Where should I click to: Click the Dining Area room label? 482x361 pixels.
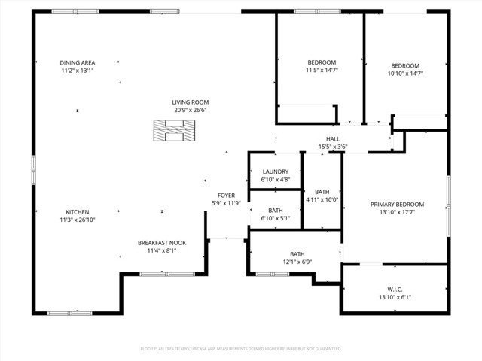78,62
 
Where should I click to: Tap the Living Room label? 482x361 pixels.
191,102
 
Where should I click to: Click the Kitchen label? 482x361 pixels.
78,211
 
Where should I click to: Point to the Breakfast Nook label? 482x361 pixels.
161,242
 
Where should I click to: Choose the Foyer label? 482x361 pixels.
227,195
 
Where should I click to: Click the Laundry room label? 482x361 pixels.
276,171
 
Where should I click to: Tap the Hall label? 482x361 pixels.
333,138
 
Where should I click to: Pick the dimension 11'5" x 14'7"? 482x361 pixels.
322,71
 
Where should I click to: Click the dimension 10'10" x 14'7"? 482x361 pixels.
405,74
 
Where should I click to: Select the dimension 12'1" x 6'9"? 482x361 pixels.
297,262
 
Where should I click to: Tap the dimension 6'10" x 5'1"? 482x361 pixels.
276,219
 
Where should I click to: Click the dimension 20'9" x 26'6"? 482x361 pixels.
191,111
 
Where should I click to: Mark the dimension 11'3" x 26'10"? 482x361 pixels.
78,220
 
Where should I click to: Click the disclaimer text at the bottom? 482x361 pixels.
241,349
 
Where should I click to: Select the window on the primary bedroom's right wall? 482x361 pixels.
448,197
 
